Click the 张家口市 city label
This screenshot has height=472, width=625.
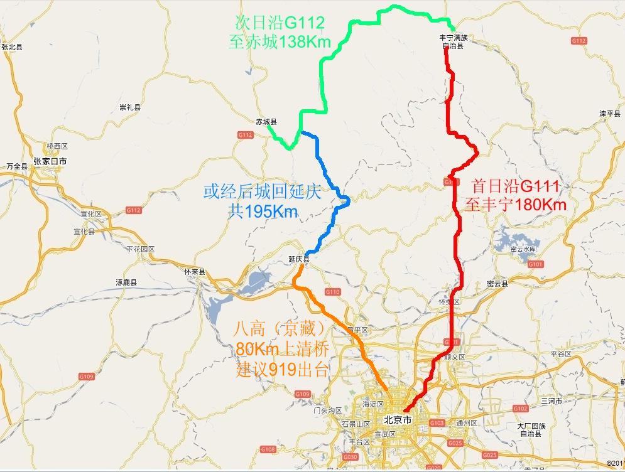tap(50, 161)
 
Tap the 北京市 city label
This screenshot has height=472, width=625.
tap(398, 419)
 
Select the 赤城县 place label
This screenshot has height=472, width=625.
tap(266, 122)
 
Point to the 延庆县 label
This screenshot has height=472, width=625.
tap(299, 259)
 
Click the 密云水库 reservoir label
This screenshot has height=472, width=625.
tap(523, 249)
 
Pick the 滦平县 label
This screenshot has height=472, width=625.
tap(610, 114)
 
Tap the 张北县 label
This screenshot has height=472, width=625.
tap(12, 47)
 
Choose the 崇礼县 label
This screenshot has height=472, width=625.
tap(130, 107)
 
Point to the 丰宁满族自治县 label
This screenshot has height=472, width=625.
tap(454, 41)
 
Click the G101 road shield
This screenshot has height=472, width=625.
tap(535, 264)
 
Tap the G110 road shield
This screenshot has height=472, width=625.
tap(333, 292)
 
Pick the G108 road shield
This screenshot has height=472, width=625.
tap(268, 449)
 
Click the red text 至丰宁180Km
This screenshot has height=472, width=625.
tap(516, 205)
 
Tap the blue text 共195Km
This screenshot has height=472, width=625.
tap(263, 212)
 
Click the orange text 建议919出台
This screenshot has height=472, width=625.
tap(283, 370)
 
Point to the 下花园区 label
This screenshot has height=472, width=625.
tap(140, 249)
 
